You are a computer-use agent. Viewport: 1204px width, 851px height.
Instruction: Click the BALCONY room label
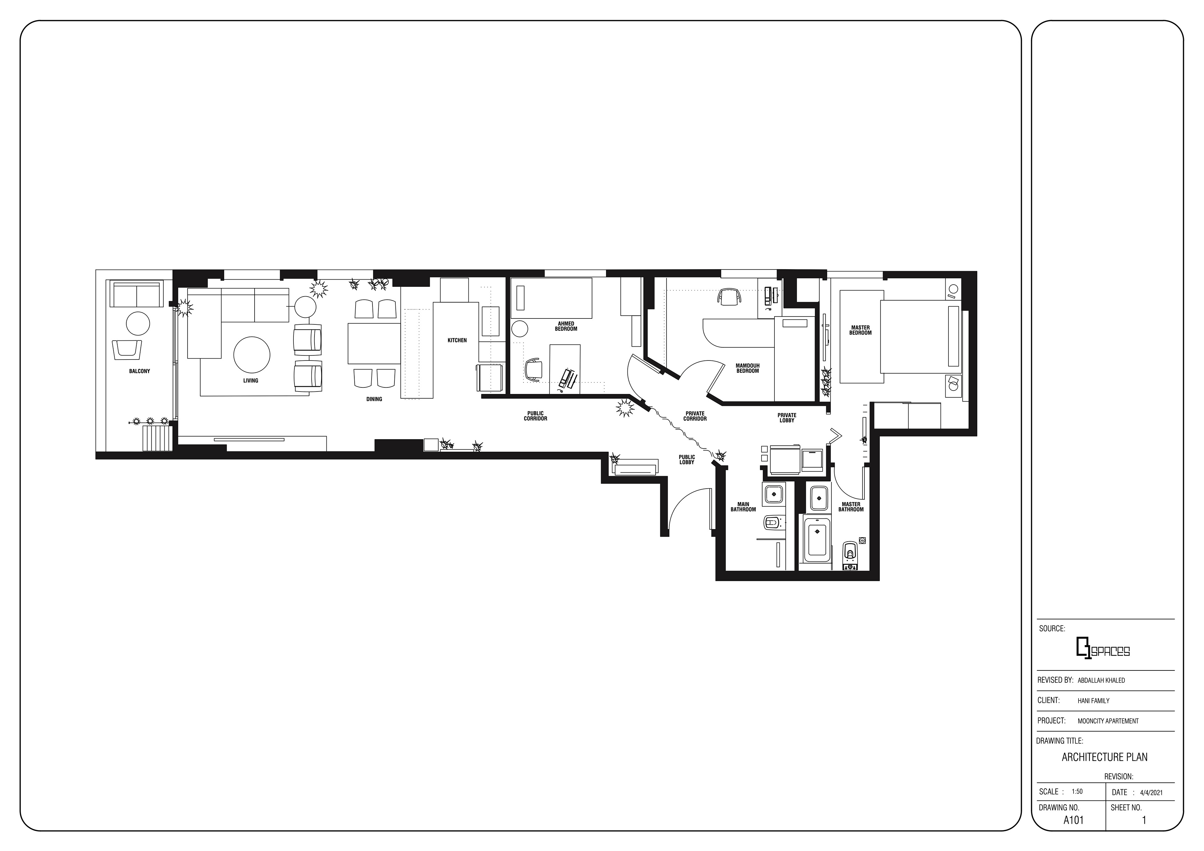(x=140, y=371)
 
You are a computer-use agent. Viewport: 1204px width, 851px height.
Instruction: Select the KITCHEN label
(x=457, y=340)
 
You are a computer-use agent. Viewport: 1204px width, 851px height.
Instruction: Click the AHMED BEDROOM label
(x=566, y=326)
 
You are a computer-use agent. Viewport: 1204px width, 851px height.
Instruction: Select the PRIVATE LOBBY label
(x=787, y=418)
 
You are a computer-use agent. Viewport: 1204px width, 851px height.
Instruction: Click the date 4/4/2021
(x=1151, y=792)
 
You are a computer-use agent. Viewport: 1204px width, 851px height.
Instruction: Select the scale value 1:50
(x=1077, y=792)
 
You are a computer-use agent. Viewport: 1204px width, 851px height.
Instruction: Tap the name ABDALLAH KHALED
(x=1101, y=680)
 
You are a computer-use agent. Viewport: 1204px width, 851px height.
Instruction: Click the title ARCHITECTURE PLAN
(x=1104, y=757)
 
